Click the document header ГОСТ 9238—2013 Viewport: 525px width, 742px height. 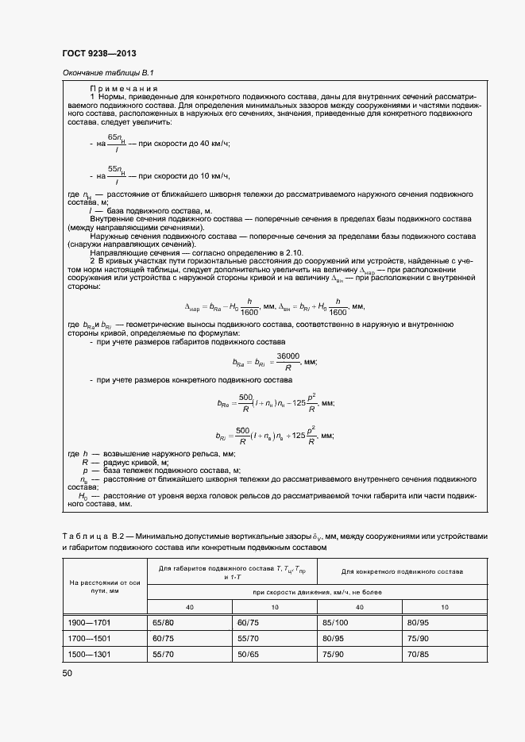click(94, 52)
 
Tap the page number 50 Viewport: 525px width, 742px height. click(67, 673)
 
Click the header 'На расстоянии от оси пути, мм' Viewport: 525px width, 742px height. click(105, 586)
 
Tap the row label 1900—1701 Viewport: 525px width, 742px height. click(87, 624)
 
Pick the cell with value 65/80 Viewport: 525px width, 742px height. click(163, 624)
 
